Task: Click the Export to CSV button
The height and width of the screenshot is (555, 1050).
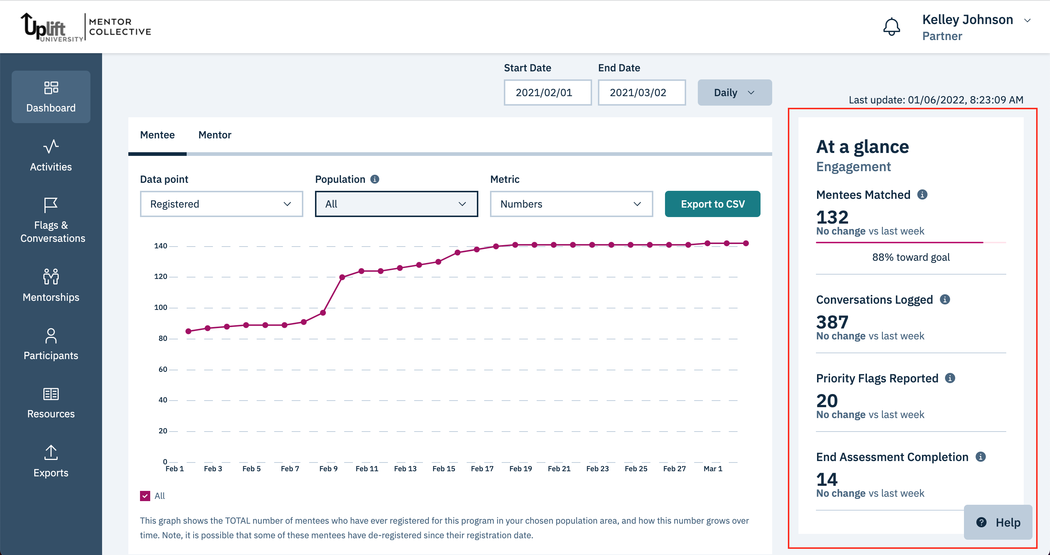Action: (712, 204)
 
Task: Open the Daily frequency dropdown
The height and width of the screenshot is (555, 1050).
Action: (734, 92)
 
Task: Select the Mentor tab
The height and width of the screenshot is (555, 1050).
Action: (214, 135)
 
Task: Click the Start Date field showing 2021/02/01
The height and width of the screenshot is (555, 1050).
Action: (547, 92)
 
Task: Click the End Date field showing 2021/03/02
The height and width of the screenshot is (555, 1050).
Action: (641, 92)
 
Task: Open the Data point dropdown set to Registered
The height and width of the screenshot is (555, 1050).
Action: (221, 204)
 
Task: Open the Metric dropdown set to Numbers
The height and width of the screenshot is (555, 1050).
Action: (571, 204)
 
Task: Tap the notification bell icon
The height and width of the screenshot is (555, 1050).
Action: (891, 27)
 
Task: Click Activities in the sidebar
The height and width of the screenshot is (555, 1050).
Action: (51, 156)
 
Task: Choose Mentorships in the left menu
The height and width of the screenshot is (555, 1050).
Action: (51, 286)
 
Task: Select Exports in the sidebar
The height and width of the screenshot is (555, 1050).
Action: (51, 461)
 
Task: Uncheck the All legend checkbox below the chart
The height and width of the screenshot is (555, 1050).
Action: (145, 496)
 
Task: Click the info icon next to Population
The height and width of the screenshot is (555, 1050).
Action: (374, 179)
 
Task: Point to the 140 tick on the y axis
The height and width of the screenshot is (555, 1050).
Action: (160, 246)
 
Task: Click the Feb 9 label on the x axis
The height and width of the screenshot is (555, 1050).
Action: (328, 469)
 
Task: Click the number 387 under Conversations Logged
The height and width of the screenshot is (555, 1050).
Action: (832, 322)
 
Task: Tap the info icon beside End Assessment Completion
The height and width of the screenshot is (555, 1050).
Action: (980, 457)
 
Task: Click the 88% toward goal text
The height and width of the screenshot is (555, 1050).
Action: (911, 257)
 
